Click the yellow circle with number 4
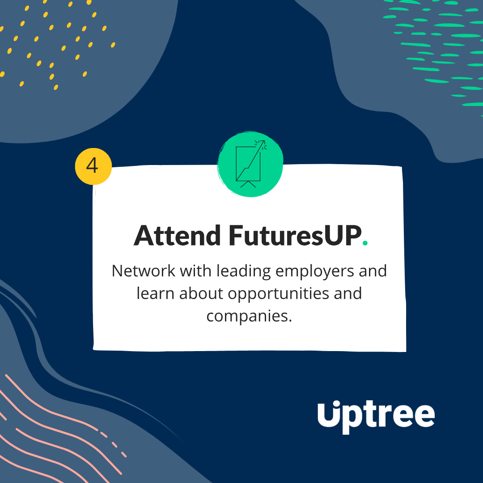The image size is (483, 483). coord(93,166)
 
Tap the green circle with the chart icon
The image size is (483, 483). coord(250,164)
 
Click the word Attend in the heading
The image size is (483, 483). coord(177,236)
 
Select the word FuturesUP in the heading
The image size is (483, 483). coord(295,236)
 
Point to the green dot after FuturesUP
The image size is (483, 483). coord(365,243)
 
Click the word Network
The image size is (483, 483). coord(143,271)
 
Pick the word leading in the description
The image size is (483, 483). coord(243,272)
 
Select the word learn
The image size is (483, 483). coord(155,293)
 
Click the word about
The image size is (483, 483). coord(201,293)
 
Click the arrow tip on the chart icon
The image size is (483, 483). coord(264,141)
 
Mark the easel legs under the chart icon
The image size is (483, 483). coord(248,184)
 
